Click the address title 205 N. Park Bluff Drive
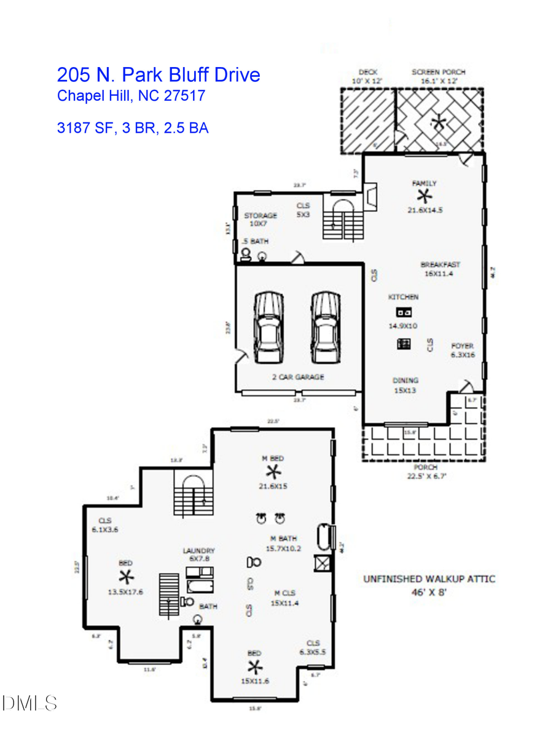coord(159,75)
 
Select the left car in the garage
coord(268,327)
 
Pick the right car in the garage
coord(325,327)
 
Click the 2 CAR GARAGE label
coord(298,377)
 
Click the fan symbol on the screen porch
coord(438,121)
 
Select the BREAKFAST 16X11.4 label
coord(440,269)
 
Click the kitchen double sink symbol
coord(403,312)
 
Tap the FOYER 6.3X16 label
coord(462,350)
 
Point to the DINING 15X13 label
coord(406,385)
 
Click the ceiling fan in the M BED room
coord(273,472)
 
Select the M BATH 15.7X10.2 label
coord(283,543)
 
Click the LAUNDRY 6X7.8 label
coord(198,555)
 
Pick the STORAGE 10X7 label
coord(261,219)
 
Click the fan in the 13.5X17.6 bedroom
coord(126,577)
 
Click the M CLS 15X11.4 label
coord(285,598)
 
